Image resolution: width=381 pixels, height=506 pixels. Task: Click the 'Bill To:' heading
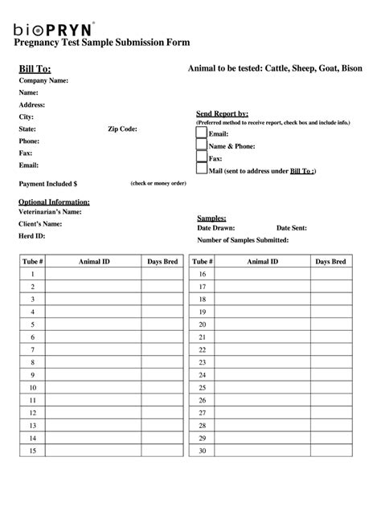pos(35,69)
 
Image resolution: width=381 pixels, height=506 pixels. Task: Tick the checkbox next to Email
pos(201,133)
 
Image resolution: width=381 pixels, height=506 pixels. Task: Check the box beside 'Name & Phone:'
pos(201,146)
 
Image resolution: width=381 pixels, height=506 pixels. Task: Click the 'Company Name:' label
pos(43,81)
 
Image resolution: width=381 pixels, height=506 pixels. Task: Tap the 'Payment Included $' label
pos(47,184)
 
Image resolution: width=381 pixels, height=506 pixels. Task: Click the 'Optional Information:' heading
pos(54,202)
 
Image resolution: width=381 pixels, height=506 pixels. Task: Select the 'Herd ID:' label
pos(32,236)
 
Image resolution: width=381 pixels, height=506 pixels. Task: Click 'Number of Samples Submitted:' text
pos(243,240)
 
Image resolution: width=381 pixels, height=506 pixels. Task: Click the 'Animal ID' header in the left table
pos(94,262)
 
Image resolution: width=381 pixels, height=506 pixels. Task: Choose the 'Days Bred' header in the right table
pos(330,262)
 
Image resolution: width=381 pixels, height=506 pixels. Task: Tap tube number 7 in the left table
pos(33,350)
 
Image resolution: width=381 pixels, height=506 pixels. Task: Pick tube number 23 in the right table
pos(203,362)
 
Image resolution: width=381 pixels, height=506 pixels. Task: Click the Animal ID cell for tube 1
pos(94,275)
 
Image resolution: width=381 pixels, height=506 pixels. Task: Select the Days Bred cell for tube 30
pos(330,451)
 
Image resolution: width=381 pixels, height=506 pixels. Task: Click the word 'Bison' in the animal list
pos(350,69)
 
